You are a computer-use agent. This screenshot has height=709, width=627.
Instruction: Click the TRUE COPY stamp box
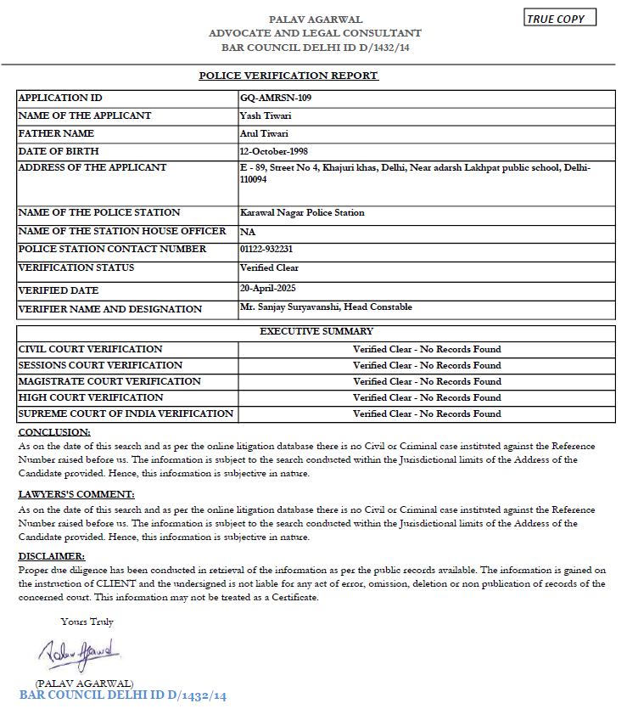(560, 19)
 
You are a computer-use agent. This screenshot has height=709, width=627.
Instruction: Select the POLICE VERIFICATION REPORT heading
(288, 76)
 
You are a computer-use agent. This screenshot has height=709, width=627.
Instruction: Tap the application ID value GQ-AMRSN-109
(276, 98)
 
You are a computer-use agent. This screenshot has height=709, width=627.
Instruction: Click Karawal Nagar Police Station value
(302, 212)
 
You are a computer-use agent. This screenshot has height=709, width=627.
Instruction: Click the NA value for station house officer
(248, 231)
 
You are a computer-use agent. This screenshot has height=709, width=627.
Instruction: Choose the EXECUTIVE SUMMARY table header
(316, 331)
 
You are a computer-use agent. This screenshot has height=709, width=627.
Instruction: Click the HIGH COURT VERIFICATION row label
(91, 397)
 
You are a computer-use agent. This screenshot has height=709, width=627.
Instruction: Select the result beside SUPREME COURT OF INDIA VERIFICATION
(427, 414)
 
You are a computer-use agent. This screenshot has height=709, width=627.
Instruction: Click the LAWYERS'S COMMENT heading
(76, 494)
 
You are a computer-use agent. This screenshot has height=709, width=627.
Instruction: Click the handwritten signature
(78, 654)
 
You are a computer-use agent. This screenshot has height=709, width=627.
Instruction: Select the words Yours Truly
(87, 622)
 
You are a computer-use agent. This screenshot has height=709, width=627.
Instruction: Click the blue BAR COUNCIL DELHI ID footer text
(123, 695)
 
